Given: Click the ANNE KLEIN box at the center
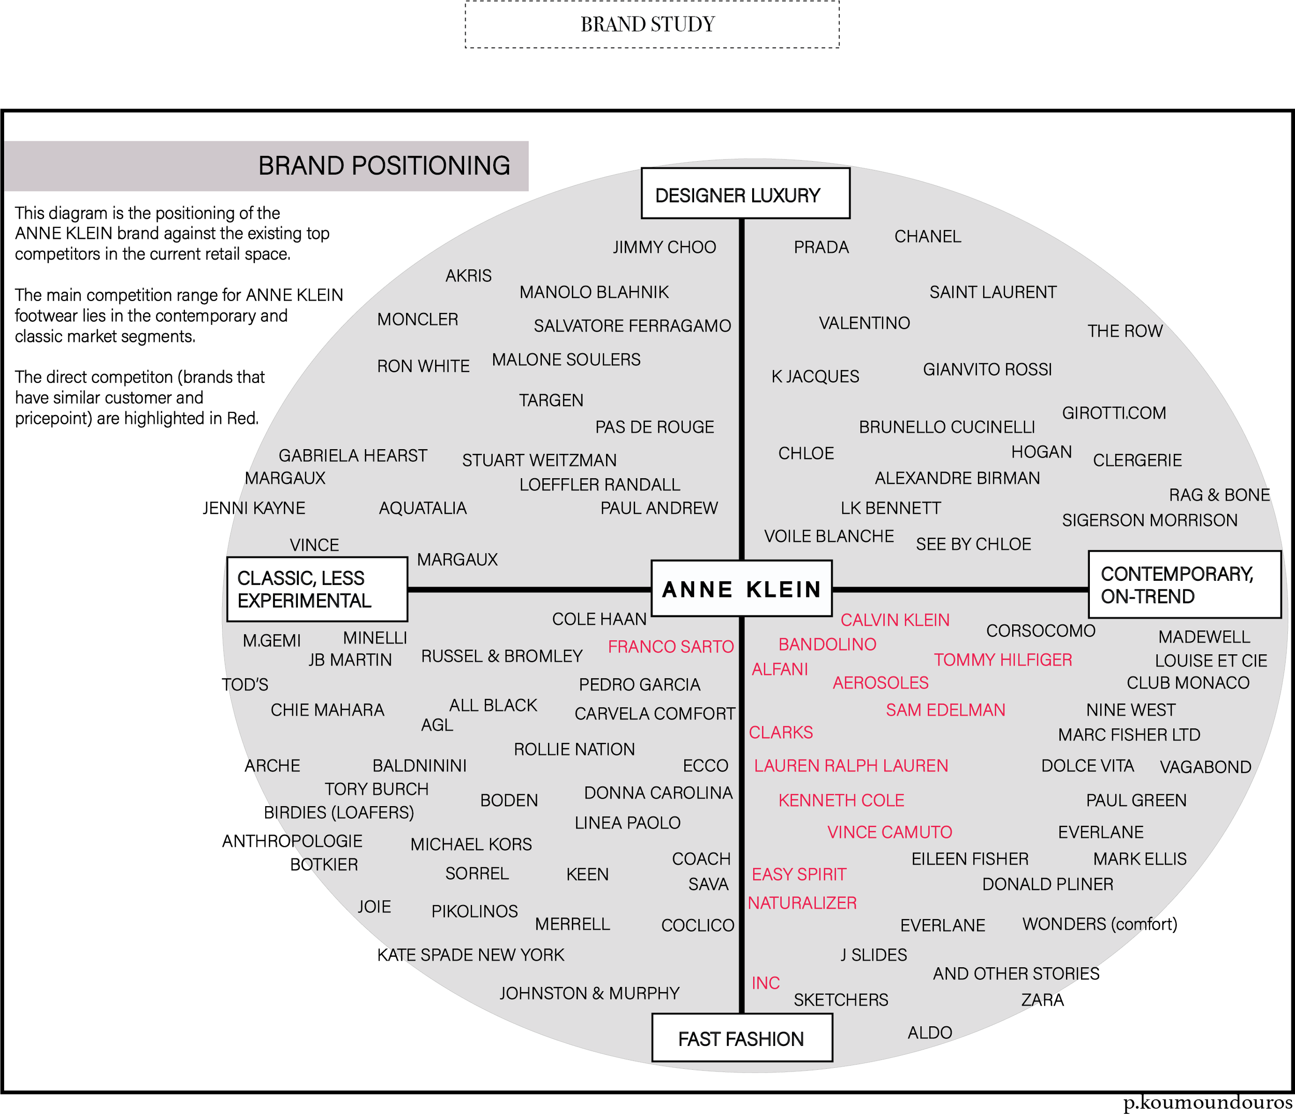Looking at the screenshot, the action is click(x=741, y=589).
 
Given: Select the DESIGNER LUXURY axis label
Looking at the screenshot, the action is click(x=745, y=194).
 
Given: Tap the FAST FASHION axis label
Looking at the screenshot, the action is click(x=741, y=1039).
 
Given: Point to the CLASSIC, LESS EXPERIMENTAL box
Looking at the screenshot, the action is click(x=317, y=590).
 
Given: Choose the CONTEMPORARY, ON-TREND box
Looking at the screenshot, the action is click(x=1184, y=585).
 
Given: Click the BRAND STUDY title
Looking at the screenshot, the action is click(x=647, y=24).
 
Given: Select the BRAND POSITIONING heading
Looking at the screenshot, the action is click(x=384, y=166).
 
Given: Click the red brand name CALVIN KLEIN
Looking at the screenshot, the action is click(x=895, y=620).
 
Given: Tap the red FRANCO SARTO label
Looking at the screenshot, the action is click(x=671, y=647).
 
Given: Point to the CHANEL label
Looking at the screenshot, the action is click(x=928, y=237).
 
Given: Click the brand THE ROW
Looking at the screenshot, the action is click(x=1125, y=331).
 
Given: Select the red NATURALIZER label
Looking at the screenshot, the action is click(x=802, y=903).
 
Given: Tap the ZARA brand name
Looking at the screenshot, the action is click(x=1042, y=1000).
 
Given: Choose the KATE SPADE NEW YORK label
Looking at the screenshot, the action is click(x=471, y=955).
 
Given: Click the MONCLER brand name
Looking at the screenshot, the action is click(x=418, y=319).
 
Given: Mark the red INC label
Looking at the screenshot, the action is click(x=766, y=983).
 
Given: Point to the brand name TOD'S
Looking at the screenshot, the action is click(x=245, y=685).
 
